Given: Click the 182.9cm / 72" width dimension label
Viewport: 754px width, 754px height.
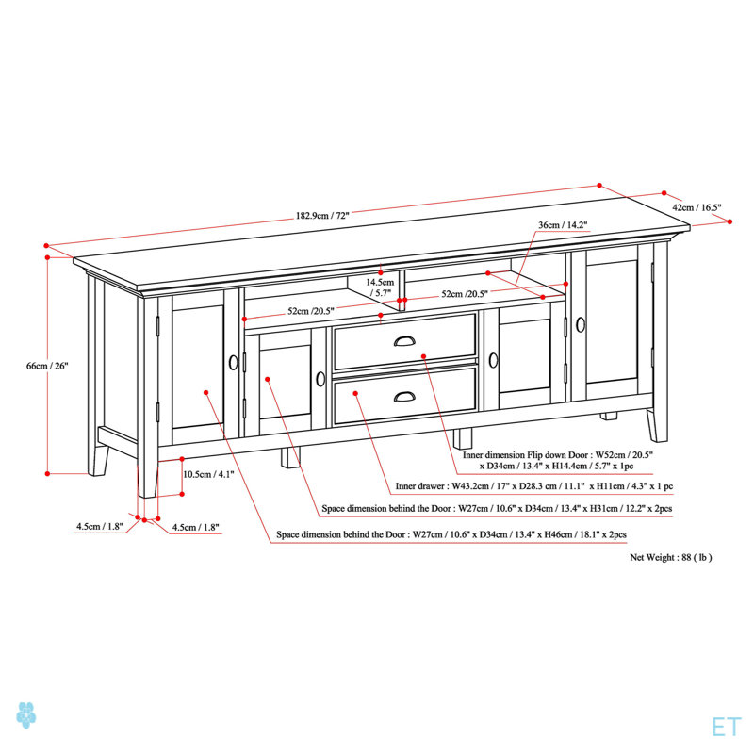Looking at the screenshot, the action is coord(322,216).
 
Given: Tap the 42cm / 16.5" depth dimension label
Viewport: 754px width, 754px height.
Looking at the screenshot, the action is coord(697,207).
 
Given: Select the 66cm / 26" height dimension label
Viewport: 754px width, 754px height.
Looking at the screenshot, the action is coord(47,366).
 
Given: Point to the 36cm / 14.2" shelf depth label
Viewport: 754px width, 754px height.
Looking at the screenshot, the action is coord(563,224).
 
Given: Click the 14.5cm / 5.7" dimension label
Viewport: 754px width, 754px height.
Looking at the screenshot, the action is coord(380,287).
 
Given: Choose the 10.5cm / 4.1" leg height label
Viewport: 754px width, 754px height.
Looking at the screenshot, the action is coord(208,474).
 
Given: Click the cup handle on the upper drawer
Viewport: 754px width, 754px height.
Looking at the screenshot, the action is coord(404,341).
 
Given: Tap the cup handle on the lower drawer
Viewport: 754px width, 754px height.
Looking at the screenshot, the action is coord(404,396).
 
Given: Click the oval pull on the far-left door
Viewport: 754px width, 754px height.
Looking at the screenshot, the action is coord(234,362).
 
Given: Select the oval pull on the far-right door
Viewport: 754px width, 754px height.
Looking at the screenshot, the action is coord(581,325).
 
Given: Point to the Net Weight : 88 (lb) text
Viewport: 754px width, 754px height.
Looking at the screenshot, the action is coord(671,557).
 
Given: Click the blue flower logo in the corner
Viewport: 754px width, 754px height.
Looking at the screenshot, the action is coord(26,715).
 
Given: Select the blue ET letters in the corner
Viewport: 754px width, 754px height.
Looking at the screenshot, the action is coord(726,727).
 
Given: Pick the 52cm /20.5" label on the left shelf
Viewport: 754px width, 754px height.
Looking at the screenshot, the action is coord(311,311).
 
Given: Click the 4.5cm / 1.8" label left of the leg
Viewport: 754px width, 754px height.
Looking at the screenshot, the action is coord(100,527).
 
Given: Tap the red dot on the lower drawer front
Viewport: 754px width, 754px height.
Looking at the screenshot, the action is coord(356,393).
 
